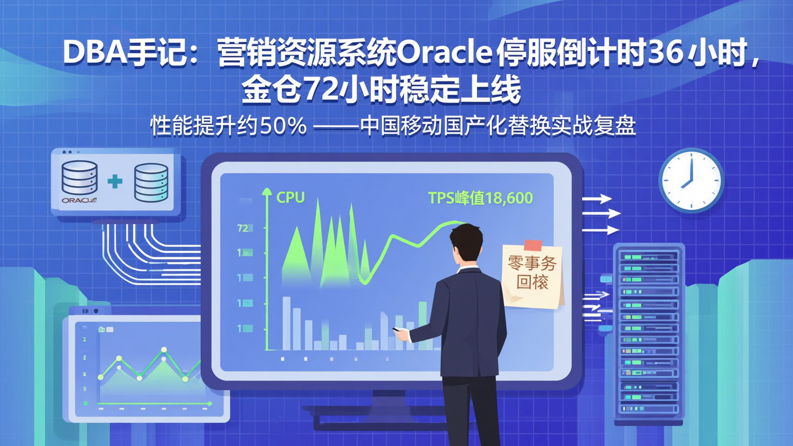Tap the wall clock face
tap(691, 180)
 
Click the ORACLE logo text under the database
tap(79, 200)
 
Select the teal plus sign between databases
tap(115, 181)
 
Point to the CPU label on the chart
tap(290, 198)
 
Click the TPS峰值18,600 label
tap(480, 198)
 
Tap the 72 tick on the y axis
tap(243, 228)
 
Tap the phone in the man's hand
tap(397, 329)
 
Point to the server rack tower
tap(649, 330)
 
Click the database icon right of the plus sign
tap(151, 182)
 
